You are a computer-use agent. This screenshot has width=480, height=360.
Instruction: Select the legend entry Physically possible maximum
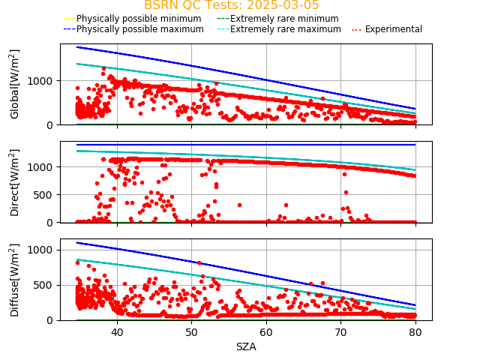[139, 29]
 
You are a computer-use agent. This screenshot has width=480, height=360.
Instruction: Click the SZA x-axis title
[246, 346]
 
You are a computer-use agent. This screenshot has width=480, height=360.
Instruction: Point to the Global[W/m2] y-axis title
[15, 84]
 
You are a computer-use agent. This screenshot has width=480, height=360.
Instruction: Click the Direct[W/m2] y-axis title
[15, 181]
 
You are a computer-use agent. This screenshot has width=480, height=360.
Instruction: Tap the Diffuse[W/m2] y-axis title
[15, 280]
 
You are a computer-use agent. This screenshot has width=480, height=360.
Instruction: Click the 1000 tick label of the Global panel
[43, 80]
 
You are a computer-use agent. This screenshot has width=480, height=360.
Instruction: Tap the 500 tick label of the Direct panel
[46, 194]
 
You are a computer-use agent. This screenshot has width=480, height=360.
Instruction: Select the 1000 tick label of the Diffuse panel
[43, 250]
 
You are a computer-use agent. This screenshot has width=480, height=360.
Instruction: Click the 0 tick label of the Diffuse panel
[52, 320]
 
